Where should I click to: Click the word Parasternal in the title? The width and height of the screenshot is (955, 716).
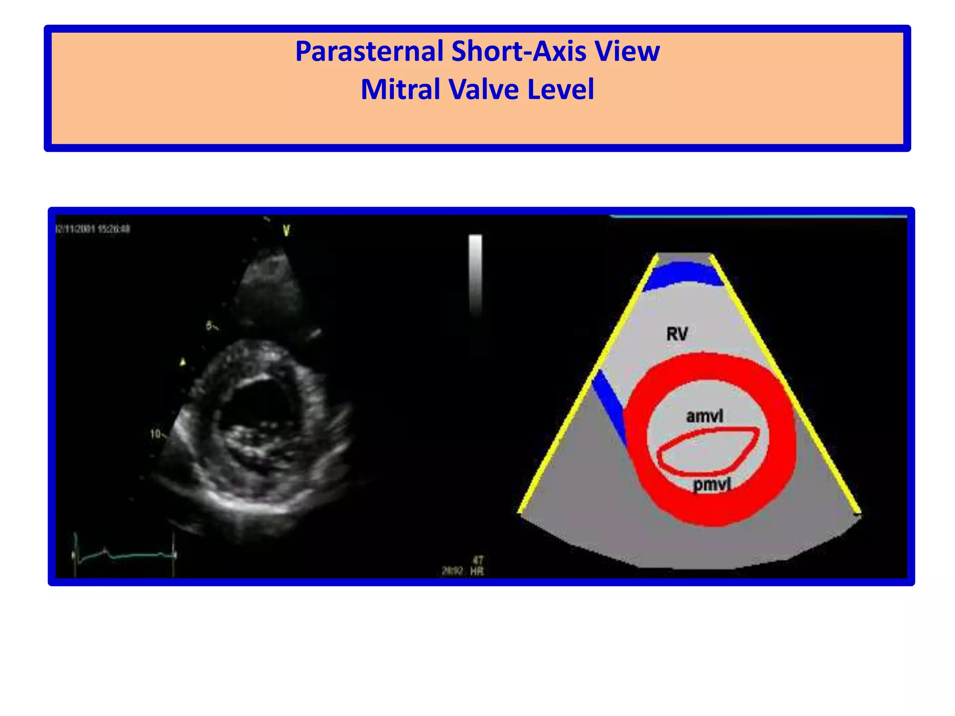[369, 51]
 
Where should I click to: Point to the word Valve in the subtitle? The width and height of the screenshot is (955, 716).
[484, 89]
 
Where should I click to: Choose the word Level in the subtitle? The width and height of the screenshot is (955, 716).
[561, 89]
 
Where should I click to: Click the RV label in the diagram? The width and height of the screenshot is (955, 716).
[677, 334]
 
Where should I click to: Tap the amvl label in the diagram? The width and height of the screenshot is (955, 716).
[704, 416]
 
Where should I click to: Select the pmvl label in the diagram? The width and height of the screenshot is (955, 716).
[712, 485]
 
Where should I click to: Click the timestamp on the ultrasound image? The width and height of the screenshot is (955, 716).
[93, 229]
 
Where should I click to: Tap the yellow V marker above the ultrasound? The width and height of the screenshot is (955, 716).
[286, 230]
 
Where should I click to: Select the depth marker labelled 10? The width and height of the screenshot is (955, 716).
[156, 434]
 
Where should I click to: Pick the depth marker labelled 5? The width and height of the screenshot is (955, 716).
[210, 326]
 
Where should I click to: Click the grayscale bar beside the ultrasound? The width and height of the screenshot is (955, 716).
[475, 275]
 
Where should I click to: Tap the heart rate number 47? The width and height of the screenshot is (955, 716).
[478, 560]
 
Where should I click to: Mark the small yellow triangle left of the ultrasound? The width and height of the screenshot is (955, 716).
[183, 362]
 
